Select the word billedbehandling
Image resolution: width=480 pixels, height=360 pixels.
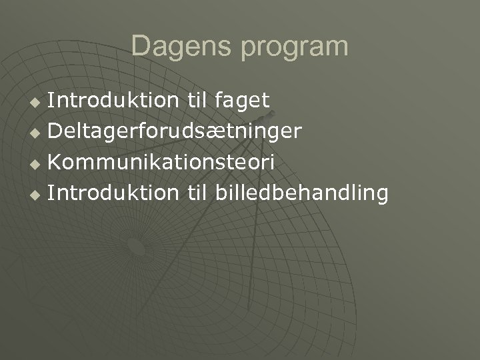click(x=301, y=193)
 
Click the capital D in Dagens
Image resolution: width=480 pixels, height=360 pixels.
click(x=141, y=47)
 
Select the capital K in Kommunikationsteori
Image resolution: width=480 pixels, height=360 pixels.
click(x=56, y=162)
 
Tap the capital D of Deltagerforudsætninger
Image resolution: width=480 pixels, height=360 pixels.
click(x=56, y=131)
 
